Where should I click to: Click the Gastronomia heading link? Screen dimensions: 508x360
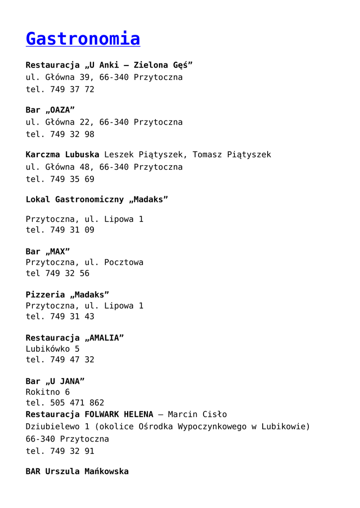pyautogui.click(x=83, y=38)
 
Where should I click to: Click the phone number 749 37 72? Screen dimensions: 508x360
pyautogui.click(x=72, y=89)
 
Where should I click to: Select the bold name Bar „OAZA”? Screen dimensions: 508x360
pyautogui.click(x=50, y=110)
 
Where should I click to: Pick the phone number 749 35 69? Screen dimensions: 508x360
pyautogui.click(x=72, y=179)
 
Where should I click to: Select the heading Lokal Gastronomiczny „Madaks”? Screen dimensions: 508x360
pyautogui.click(x=97, y=199)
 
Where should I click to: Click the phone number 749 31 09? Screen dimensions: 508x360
pyautogui.click(x=72, y=230)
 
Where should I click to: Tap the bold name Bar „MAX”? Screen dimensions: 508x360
pyautogui.click(x=48, y=252)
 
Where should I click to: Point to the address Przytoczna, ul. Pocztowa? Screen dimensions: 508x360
pyautogui.click(x=84, y=262)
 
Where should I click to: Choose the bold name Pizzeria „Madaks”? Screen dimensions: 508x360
pyautogui.click(x=68, y=295)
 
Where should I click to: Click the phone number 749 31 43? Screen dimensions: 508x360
pyautogui.click(x=72, y=317)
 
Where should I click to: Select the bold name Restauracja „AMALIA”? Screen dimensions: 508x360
pyautogui.click(x=74, y=338)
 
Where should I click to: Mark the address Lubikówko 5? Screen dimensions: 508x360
pyautogui.click(x=53, y=349)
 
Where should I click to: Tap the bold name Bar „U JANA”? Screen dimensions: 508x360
pyautogui.click(x=55, y=381)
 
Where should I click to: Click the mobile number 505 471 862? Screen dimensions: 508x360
pyautogui.click(x=77, y=403)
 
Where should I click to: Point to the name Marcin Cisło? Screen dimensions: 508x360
pyautogui.click(x=197, y=414)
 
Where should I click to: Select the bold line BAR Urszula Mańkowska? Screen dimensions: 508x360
pyautogui.click(x=77, y=471)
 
